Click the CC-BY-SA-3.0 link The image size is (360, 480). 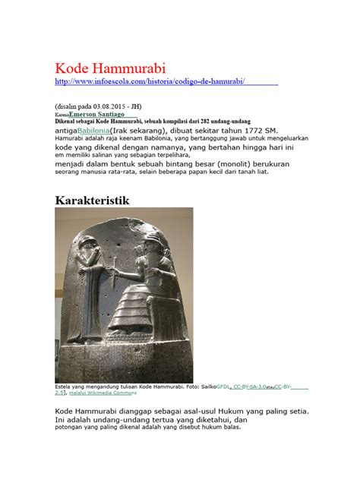[x=251, y=386]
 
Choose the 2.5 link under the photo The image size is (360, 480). [x=60, y=393]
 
